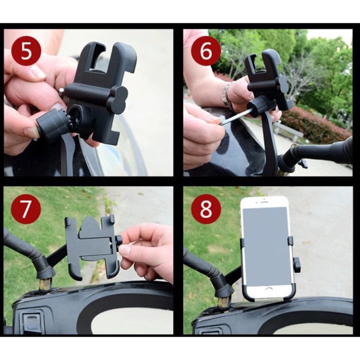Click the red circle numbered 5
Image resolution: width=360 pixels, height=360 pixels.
[x=26, y=51]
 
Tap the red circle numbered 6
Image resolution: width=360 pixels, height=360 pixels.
[x=206, y=51]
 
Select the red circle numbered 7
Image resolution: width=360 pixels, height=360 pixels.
[x=26, y=209]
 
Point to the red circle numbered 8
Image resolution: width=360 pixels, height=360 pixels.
[x=206, y=209]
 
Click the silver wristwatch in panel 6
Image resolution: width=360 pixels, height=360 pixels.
[x=227, y=95]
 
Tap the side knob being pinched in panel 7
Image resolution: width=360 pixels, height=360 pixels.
[x=119, y=243]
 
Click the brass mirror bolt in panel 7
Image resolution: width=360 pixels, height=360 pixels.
[x=45, y=285]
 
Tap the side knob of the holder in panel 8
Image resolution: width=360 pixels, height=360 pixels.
[x=297, y=265]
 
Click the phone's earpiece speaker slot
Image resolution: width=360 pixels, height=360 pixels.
[x=264, y=202]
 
